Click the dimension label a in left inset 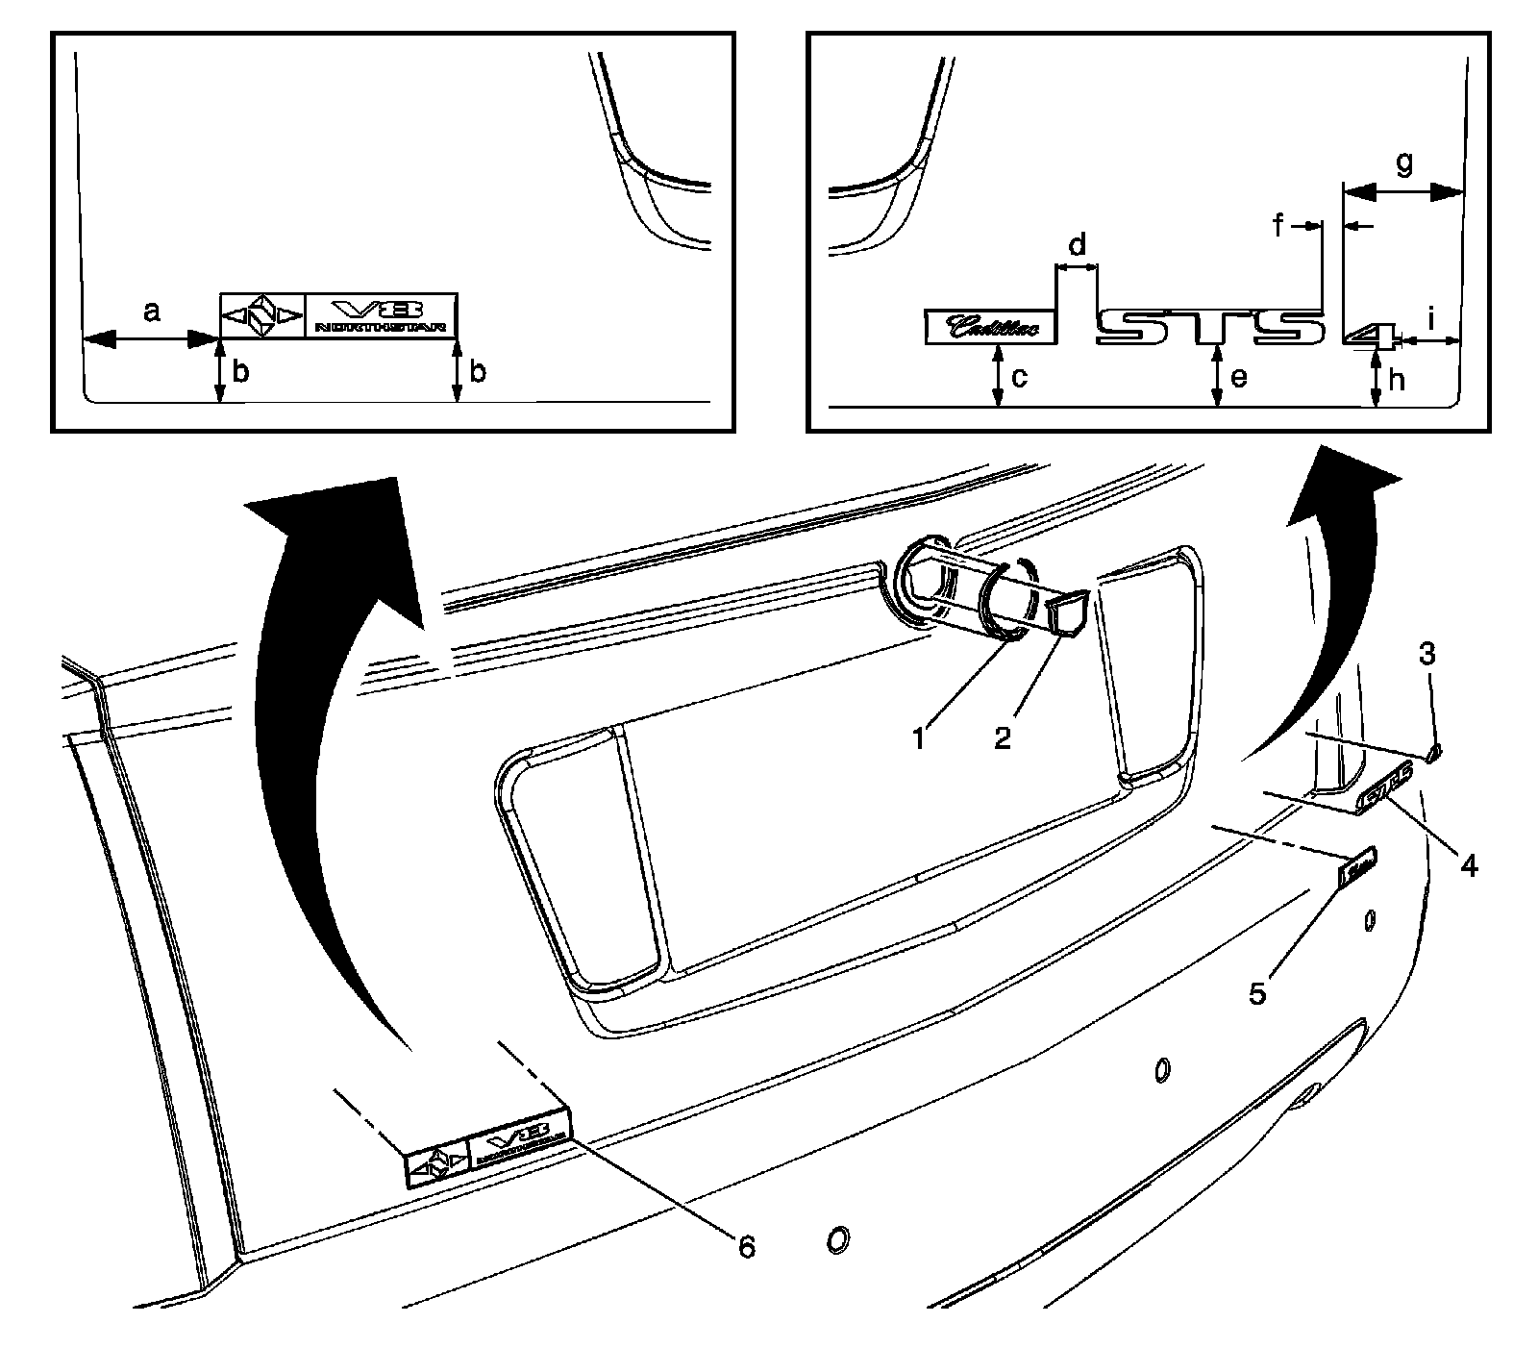(151, 312)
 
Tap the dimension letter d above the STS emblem (1078, 245)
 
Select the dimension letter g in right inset (1404, 164)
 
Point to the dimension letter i (1431, 318)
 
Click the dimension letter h (1396, 380)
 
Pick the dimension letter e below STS (1239, 378)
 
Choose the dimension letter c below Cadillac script (1020, 378)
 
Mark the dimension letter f (1279, 226)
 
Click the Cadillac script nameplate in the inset (990, 327)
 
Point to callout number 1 (920, 738)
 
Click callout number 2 (1003, 738)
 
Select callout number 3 (1427, 655)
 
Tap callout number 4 (1468, 865)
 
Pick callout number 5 (1258, 991)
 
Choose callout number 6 (746, 1246)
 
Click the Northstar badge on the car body (488, 1149)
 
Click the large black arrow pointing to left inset (327, 731)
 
